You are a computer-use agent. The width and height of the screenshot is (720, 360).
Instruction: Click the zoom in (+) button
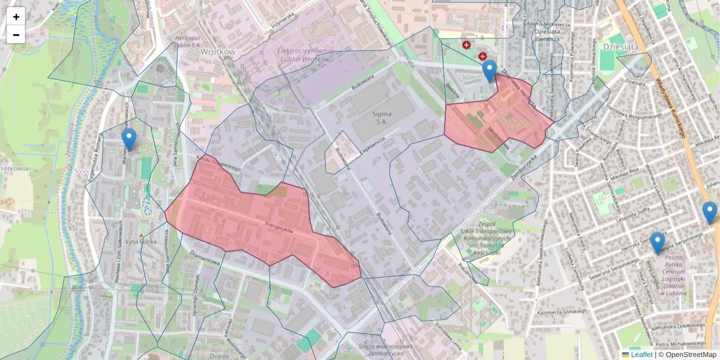(x=16, y=17)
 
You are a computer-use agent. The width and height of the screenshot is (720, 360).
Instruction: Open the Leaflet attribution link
(x=641, y=355)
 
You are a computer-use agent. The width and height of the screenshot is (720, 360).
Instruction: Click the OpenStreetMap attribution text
(x=691, y=355)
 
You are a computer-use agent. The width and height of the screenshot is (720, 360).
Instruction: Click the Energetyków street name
(x=278, y=229)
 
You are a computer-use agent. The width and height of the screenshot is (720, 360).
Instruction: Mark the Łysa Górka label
(x=142, y=242)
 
